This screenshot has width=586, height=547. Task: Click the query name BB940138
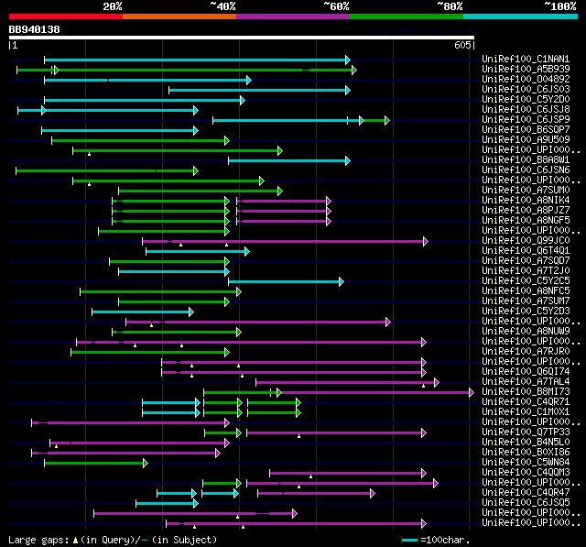click(x=35, y=29)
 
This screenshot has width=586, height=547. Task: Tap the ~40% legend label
click(x=222, y=6)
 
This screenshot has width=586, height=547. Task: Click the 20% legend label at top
click(x=113, y=6)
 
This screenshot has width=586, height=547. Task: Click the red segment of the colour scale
click(x=65, y=16)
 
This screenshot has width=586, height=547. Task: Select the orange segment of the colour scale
click(x=179, y=16)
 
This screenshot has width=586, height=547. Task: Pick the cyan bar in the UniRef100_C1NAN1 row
click(x=197, y=60)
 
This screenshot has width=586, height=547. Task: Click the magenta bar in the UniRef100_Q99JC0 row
click(x=284, y=241)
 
